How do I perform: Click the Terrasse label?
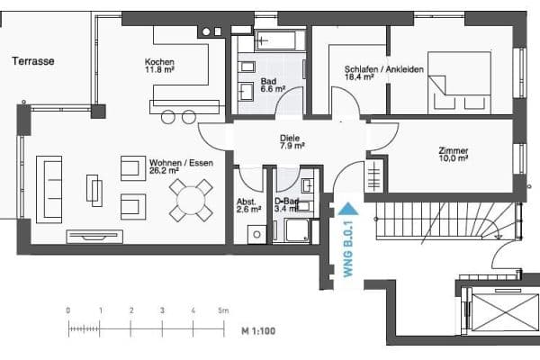(33, 61)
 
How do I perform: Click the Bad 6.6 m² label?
(273, 85)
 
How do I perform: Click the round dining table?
(191, 200)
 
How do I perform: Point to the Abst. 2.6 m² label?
(248, 205)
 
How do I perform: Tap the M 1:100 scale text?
(257, 331)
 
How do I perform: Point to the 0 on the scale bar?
(68, 310)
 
